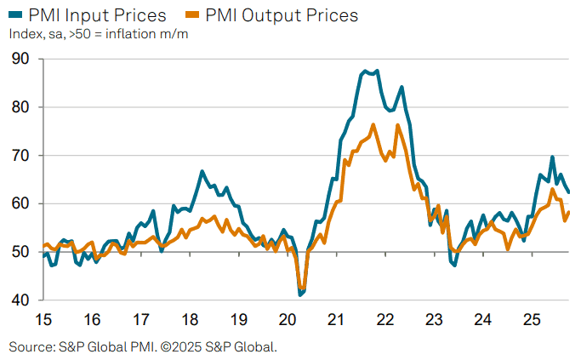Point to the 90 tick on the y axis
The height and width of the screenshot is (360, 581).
tap(20, 59)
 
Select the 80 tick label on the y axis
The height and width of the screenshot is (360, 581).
tap(20, 107)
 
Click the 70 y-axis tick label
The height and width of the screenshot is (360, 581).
tap(20, 156)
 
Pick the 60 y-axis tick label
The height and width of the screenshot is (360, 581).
tap(20, 204)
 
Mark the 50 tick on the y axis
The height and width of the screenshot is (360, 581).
tap(20, 253)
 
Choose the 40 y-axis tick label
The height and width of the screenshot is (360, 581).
tap(20, 300)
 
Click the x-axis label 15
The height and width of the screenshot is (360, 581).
tap(43, 320)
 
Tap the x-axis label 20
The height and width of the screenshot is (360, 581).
tap(288, 320)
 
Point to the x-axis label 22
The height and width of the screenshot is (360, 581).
tap(384, 320)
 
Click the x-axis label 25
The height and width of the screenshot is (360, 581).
tap(531, 320)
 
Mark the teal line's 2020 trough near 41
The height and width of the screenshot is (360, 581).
tap(300, 294)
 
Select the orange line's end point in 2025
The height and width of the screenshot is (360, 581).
tap(569, 213)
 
